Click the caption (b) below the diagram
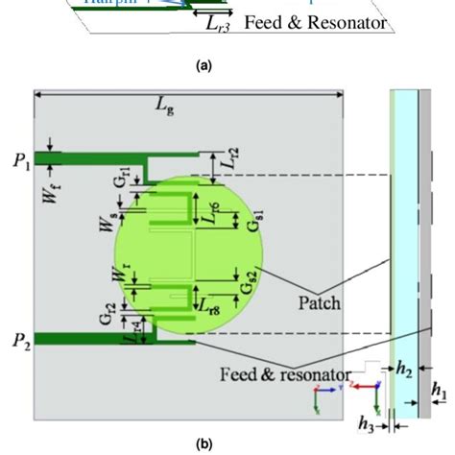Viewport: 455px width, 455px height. click(x=204, y=443)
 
